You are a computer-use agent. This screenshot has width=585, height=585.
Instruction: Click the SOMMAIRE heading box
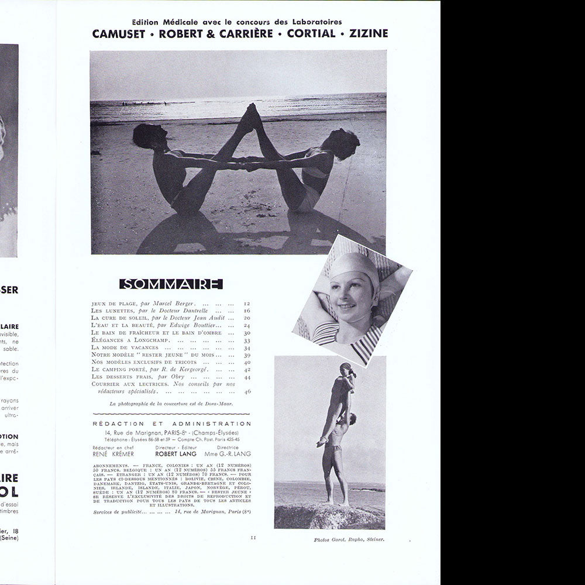coord(171,284)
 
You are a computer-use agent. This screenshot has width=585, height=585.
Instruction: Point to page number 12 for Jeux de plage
coord(247,304)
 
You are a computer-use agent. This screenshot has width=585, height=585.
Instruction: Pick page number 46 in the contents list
coord(247,391)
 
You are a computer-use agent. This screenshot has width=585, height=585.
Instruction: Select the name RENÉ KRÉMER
coord(112,453)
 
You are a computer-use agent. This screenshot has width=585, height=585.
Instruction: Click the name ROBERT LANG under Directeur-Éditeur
coord(175,453)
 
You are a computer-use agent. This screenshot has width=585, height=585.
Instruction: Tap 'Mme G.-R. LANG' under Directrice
coord(228,453)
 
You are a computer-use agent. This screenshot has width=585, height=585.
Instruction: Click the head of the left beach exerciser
coord(143,137)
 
